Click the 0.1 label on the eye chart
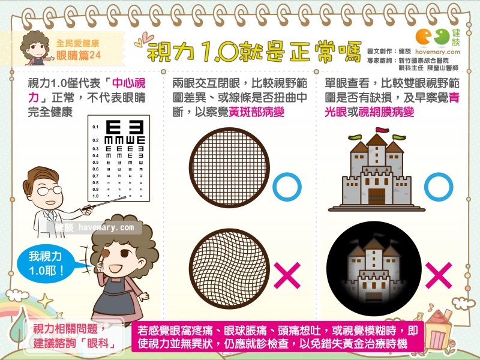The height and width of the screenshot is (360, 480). tap(95, 127)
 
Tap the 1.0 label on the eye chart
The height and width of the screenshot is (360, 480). tap(95, 196)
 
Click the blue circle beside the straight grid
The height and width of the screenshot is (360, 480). tap(287, 187)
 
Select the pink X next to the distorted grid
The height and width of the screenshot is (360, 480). tap(287, 275)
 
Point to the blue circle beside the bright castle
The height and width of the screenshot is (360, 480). tap(439, 187)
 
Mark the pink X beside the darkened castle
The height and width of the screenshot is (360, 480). tap(439, 275)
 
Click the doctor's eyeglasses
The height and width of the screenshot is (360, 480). tap(49, 191)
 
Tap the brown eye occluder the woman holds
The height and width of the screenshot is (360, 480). tap(105, 253)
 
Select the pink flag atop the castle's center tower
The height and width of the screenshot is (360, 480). tap(382, 130)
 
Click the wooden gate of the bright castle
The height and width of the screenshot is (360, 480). tap(377, 196)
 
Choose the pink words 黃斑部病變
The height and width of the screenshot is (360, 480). tap(257, 112)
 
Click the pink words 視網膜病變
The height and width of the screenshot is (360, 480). tap(386, 112)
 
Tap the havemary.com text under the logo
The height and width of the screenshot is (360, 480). tap(437, 52)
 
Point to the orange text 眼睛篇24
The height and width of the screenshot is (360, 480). tap(79, 55)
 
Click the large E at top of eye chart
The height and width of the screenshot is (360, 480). tap(113, 127)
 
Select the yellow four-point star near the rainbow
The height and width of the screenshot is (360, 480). tap(46, 301)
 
